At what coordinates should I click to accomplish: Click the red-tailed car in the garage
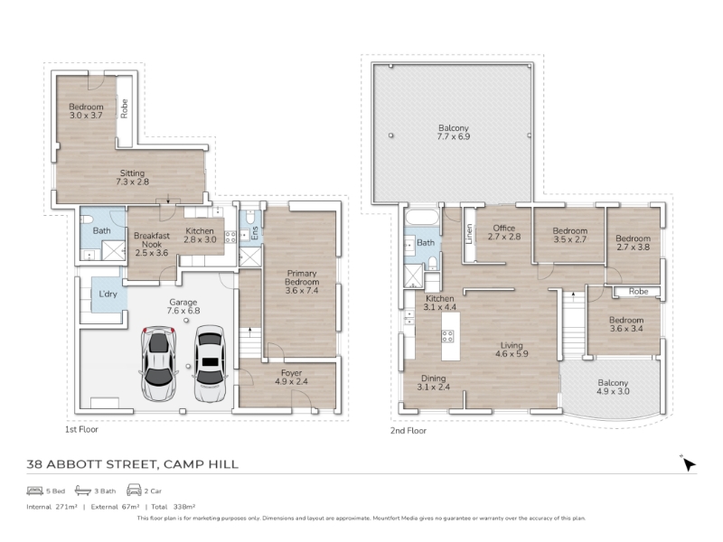[x=158, y=364]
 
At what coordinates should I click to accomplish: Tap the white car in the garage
[x=211, y=364]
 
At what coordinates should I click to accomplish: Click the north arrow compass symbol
[x=689, y=463]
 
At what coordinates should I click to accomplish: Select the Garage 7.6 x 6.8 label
[x=183, y=306]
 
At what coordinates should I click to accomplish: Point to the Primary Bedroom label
[x=302, y=282]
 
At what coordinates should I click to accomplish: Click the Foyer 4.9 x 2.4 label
[x=291, y=377]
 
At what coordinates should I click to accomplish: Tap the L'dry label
[x=108, y=294]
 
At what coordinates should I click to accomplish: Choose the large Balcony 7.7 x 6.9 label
[x=454, y=132]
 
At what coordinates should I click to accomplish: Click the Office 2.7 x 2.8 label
[x=504, y=232]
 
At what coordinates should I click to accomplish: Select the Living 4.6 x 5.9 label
[x=512, y=350]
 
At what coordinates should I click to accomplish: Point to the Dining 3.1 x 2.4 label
[x=433, y=382]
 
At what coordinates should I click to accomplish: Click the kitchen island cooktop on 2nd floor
[x=447, y=336]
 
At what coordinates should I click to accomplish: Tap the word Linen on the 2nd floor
[x=469, y=234]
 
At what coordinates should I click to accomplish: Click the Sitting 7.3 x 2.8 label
[x=132, y=177]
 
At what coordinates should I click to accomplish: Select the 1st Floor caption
[x=81, y=430]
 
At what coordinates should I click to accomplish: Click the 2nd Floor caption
[x=408, y=431]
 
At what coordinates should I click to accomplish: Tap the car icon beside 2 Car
[x=134, y=490]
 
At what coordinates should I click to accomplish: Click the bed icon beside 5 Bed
[x=34, y=491]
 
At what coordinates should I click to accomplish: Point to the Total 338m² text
[x=173, y=507]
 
